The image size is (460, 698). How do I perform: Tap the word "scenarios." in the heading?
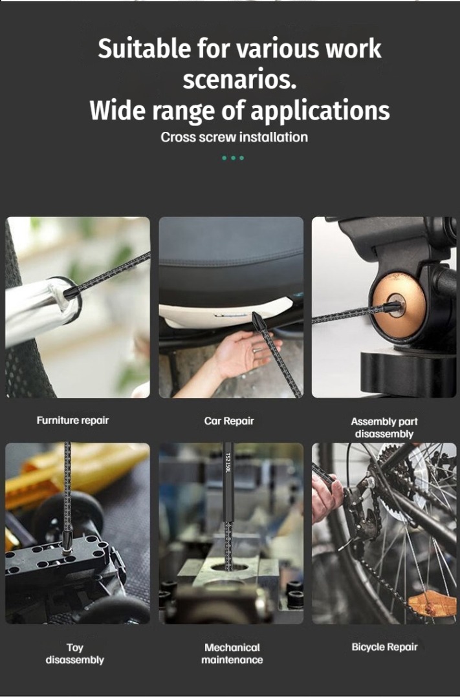(x=239, y=79)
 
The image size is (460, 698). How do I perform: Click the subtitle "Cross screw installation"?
(x=234, y=137)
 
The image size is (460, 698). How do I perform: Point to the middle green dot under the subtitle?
(x=233, y=158)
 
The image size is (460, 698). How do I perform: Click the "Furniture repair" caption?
(x=72, y=421)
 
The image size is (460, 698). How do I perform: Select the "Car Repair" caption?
(x=229, y=421)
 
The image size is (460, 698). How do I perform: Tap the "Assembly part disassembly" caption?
(x=384, y=428)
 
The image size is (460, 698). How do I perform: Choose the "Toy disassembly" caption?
(x=75, y=654)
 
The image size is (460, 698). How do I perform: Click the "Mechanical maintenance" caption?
(x=232, y=654)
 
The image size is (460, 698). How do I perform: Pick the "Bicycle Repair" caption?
(x=385, y=647)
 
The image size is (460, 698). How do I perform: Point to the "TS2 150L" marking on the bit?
(x=228, y=463)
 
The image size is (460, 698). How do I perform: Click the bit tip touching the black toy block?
(x=67, y=542)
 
